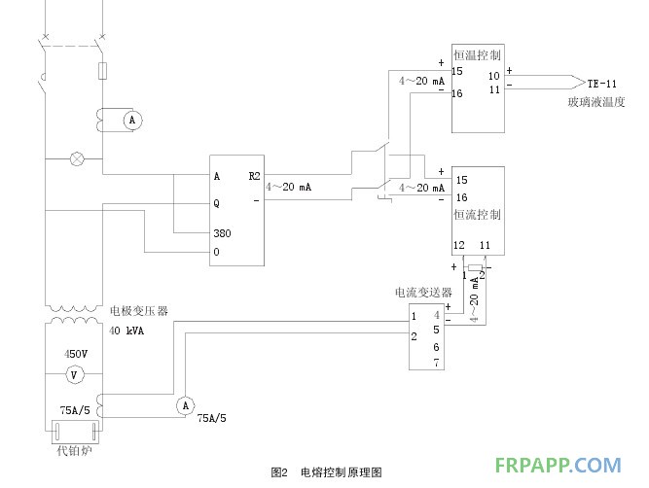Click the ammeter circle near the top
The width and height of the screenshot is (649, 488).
(x=134, y=120)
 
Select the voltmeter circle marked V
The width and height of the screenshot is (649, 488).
(x=70, y=374)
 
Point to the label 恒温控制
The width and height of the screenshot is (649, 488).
(x=477, y=55)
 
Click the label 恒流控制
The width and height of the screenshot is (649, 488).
(x=477, y=214)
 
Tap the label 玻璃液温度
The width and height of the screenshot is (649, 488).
(x=595, y=101)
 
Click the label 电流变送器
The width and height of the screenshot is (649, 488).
(x=422, y=292)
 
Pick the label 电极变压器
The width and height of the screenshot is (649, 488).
(x=138, y=311)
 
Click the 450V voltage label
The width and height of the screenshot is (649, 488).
(x=77, y=354)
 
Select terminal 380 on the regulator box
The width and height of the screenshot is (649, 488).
(x=224, y=233)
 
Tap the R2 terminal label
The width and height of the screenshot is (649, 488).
(x=254, y=176)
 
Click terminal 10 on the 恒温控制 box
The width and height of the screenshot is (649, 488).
(x=494, y=75)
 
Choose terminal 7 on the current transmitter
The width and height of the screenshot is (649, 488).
(x=437, y=362)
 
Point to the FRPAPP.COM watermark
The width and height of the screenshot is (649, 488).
(x=559, y=466)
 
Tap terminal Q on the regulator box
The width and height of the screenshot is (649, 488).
(x=217, y=204)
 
